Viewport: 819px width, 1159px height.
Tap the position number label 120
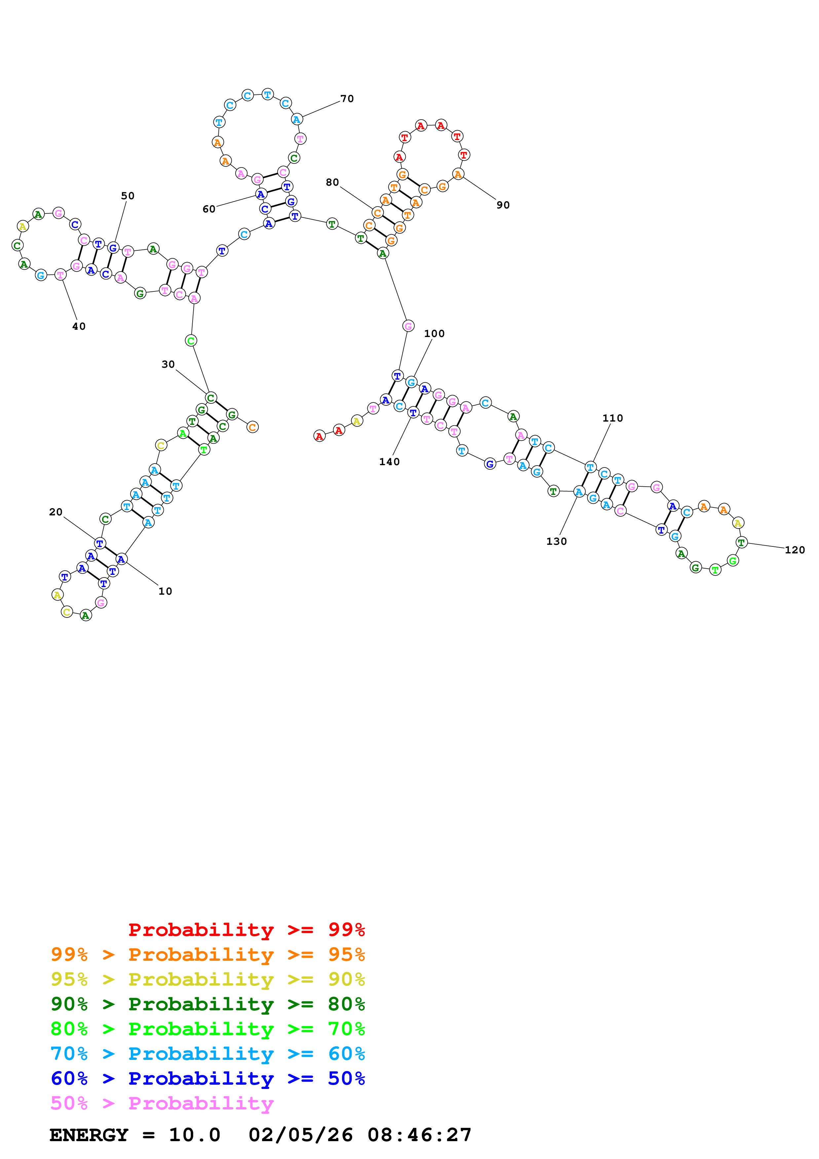coord(795,550)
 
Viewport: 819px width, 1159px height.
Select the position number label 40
coord(79,327)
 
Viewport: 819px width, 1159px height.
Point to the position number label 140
coord(389,462)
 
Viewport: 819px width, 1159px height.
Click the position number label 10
coord(165,592)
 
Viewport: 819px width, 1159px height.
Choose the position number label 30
coord(168,364)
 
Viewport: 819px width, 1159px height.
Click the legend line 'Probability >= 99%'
coord(246,930)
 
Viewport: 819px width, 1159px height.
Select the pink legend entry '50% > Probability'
coord(162,1103)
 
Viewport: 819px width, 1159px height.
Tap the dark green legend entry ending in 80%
coord(208,1004)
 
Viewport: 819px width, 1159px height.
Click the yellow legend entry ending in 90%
coord(208,979)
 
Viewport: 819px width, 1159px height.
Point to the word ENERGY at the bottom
coord(89,1135)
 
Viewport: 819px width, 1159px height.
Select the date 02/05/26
coord(301,1135)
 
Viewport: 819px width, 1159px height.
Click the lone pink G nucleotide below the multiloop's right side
coord(408,326)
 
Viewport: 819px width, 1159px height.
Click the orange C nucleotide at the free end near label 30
coord(252,428)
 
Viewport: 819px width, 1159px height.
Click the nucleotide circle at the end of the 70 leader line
coord(297,120)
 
